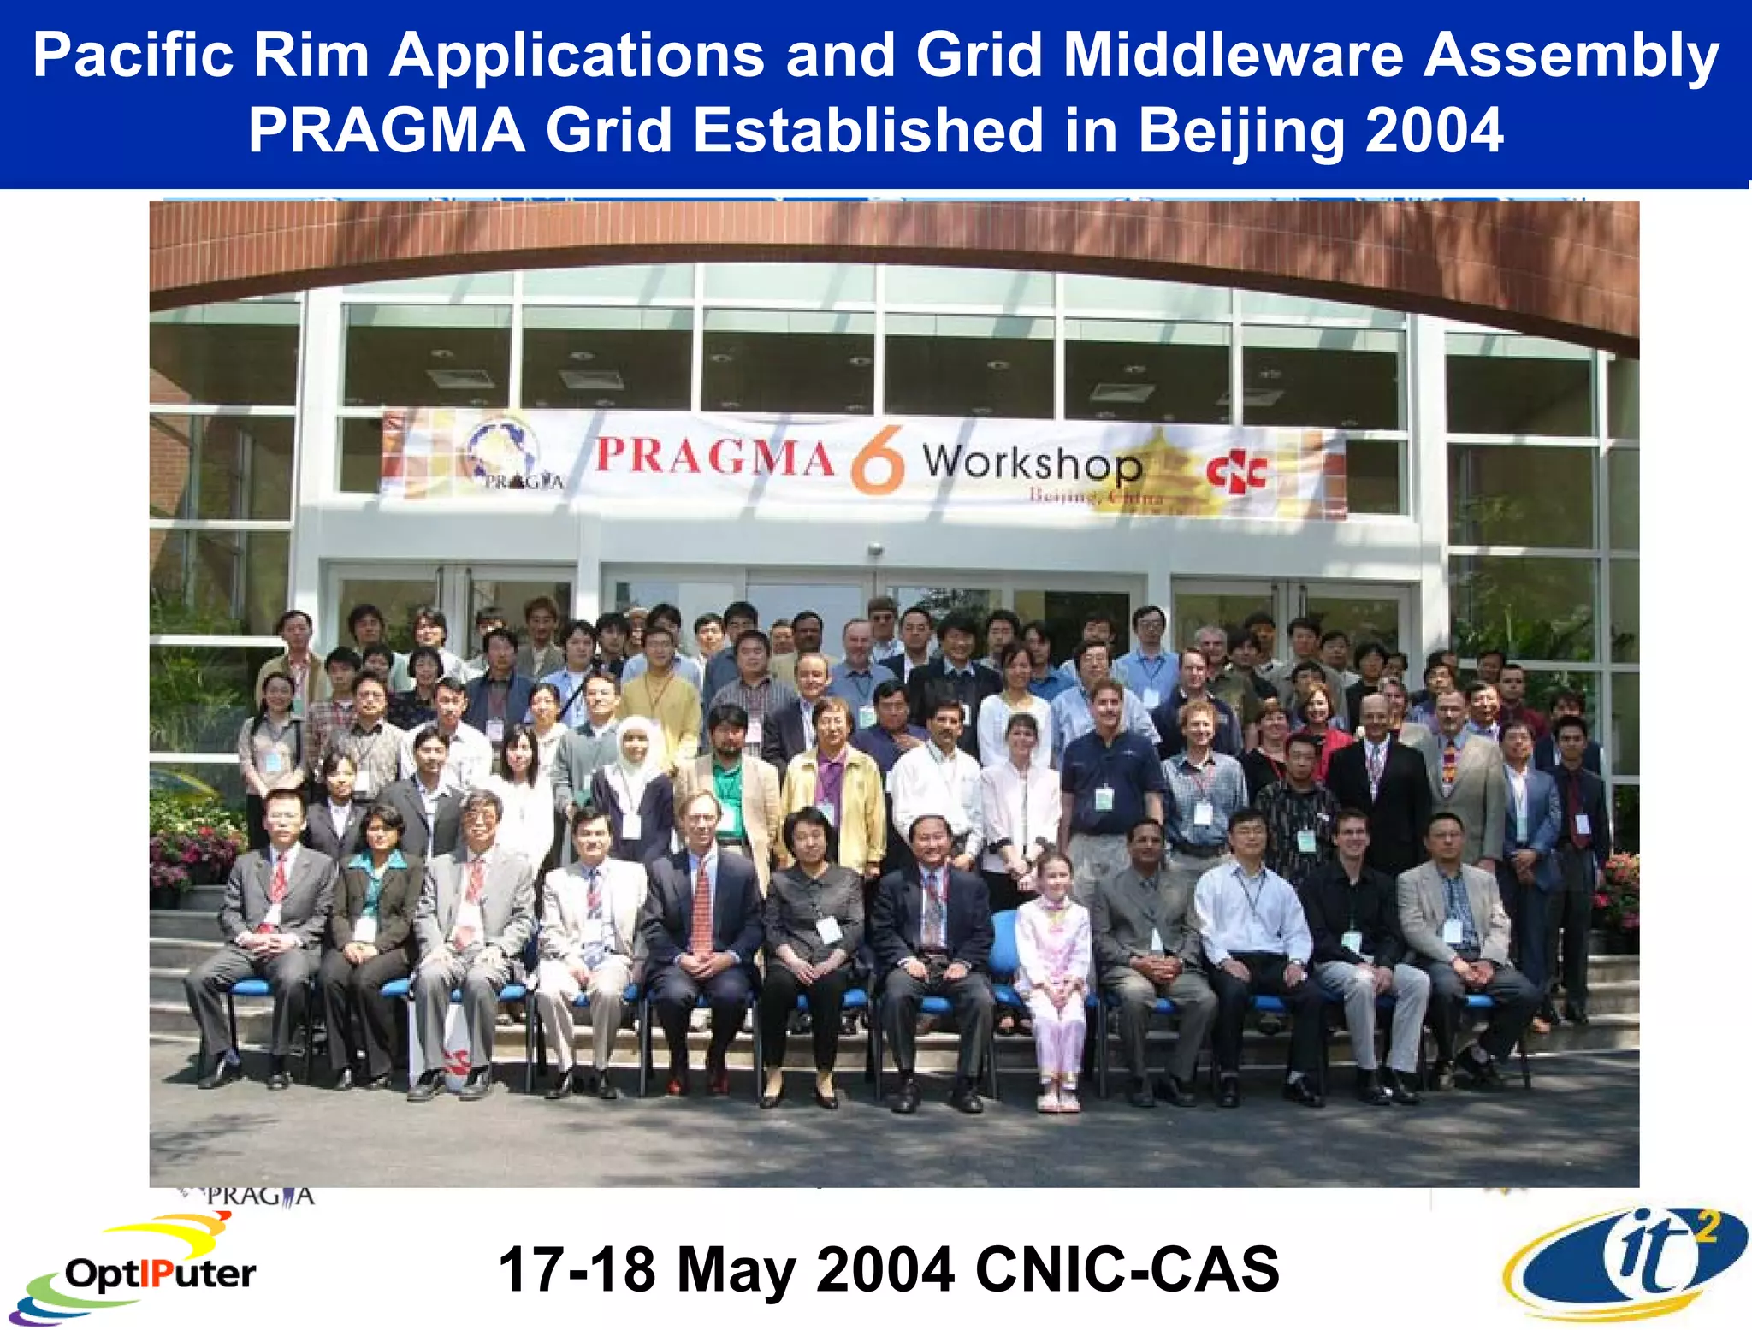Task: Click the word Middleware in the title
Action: tap(1233, 56)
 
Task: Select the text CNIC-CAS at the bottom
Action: tap(1127, 1269)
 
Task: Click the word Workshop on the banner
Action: tap(1032, 463)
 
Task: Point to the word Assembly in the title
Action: tap(1571, 56)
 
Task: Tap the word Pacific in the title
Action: tap(133, 56)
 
